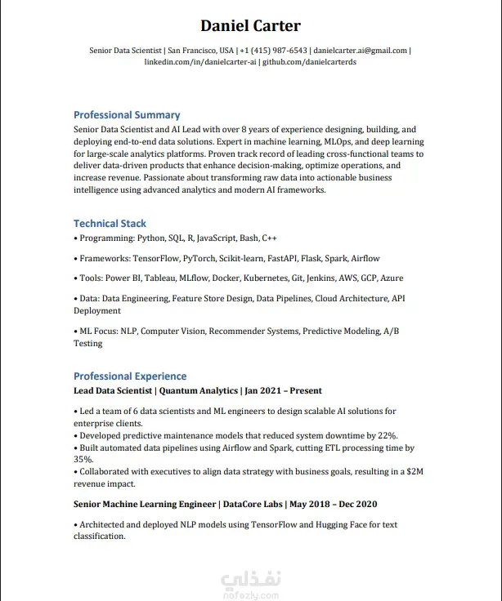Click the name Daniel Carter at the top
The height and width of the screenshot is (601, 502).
[x=250, y=25]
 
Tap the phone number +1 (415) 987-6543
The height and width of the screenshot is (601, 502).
[x=274, y=50]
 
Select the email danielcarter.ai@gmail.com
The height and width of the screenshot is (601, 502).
[x=360, y=50]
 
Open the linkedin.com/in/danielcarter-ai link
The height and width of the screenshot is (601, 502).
[x=201, y=61]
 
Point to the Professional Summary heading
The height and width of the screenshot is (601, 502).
[x=127, y=115]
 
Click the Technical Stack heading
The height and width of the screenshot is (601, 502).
[x=110, y=224]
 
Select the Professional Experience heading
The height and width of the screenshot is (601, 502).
[x=130, y=376]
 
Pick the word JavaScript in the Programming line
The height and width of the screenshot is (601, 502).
[x=216, y=238]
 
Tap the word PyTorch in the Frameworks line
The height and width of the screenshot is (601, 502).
[x=199, y=259]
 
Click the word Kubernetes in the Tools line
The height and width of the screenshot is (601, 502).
[x=261, y=278]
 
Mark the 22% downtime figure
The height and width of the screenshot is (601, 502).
[x=388, y=436]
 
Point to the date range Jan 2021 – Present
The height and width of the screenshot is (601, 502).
[x=284, y=391]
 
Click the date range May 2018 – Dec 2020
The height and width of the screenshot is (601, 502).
[x=334, y=505]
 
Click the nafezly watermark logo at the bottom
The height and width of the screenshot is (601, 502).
[x=250, y=585]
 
